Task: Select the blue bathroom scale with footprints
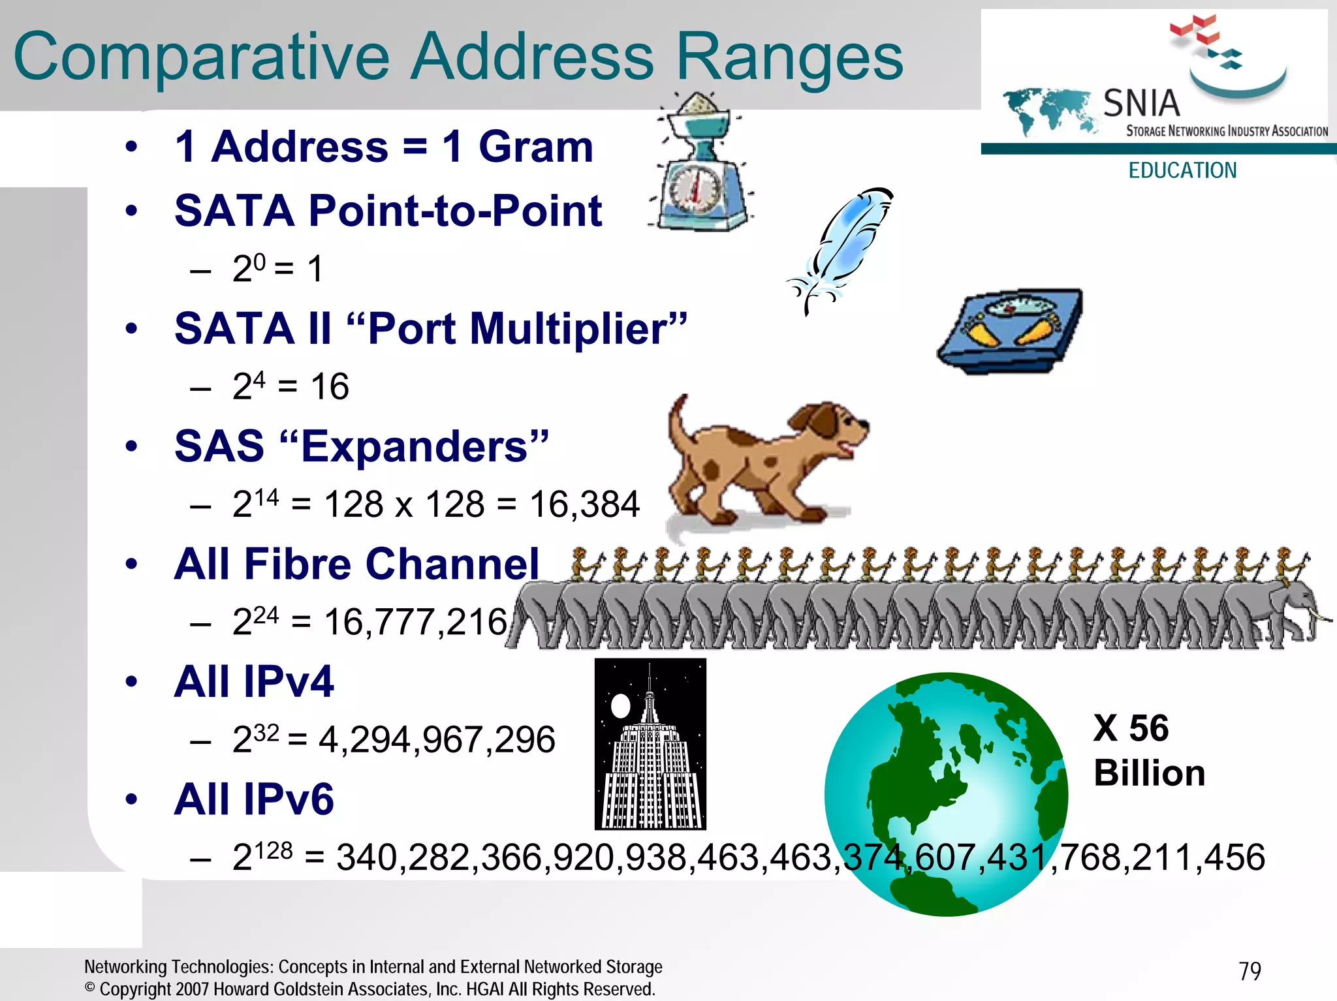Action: click(x=1009, y=330)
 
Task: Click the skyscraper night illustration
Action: click(x=650, y=744)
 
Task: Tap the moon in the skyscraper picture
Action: click(x=620, y=705)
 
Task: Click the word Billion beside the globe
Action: click(x=1149, y=773)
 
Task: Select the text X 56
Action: click(x=1131, y=728)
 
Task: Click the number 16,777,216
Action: click(x=415, y=622)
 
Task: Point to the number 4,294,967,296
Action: click(x=436, y=740)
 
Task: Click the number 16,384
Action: click(x=584, y=504)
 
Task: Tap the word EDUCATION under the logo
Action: click(x=1182, y=170)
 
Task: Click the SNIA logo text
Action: click(x=1141, y=103)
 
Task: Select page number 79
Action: click(x=1250, y=971)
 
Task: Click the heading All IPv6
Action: click(x=254, y=799)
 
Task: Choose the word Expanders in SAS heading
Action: click(x=415, y=446)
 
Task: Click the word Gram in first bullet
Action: click(x=535, y=146)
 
